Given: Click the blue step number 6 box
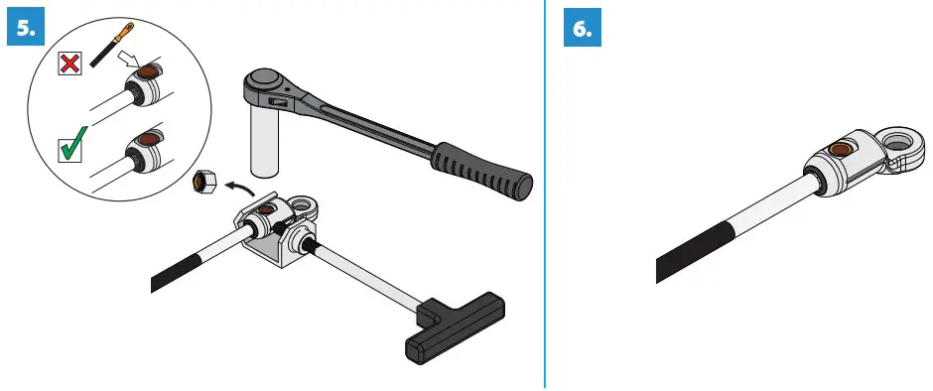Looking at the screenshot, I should [583, 30].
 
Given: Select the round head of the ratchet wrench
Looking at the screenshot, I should [264, 82].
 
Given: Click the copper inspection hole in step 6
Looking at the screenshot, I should [841, 151].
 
